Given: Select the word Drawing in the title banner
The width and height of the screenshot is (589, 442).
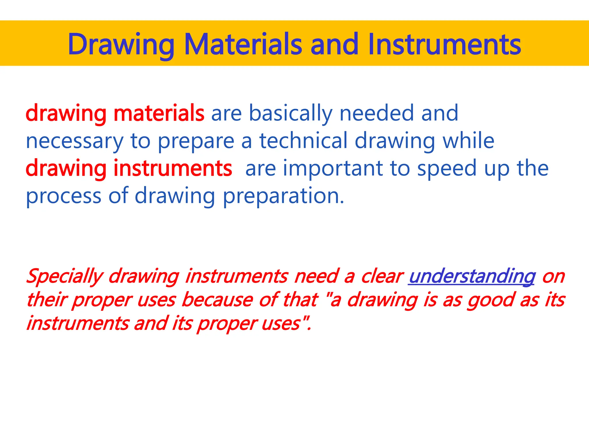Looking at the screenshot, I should (121, 45).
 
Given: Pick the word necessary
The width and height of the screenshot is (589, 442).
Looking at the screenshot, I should (75, 141).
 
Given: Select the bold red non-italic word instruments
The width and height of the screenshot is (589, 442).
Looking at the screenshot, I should (173, 168).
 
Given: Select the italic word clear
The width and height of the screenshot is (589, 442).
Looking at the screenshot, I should (381, 276).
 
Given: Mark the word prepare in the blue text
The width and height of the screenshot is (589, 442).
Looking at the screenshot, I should (196, 141).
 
